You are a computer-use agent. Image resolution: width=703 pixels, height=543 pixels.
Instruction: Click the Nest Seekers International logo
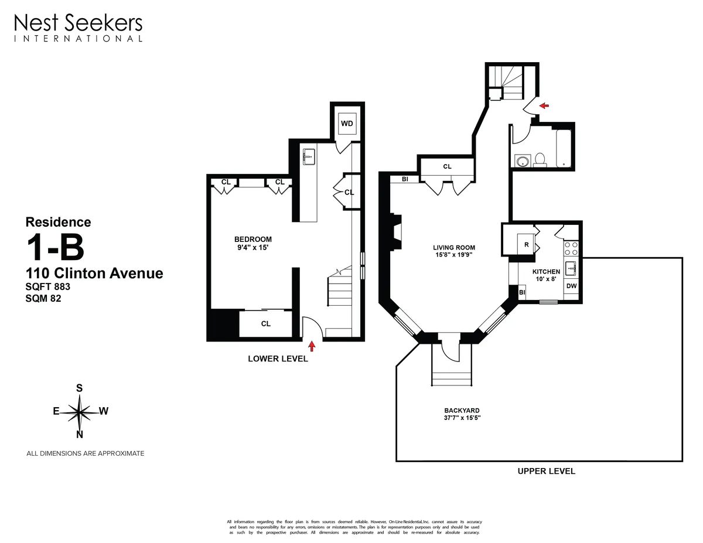78,28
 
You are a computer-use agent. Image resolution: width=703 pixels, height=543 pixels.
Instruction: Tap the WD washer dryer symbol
347,124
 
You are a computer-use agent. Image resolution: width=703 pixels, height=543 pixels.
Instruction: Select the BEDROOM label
252,243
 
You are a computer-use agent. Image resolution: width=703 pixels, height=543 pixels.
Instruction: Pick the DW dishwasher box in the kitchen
571,286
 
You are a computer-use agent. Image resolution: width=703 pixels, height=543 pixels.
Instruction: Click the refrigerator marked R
527,244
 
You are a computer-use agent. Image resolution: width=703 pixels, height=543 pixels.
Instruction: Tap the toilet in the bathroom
540,159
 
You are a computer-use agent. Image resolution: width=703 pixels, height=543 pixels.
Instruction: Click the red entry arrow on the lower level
312,346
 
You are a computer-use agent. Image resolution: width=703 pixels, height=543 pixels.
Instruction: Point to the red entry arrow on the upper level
544,106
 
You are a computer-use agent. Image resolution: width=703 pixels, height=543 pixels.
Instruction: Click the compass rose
79,411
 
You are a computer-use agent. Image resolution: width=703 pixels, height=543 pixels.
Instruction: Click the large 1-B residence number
55,248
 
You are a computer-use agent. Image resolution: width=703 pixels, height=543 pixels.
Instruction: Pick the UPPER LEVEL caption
546,471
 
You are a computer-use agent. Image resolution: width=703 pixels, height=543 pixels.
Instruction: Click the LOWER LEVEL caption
278,359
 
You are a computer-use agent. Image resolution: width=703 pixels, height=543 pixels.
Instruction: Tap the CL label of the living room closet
447,166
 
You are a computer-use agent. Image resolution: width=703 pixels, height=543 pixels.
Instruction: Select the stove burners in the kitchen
571,248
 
